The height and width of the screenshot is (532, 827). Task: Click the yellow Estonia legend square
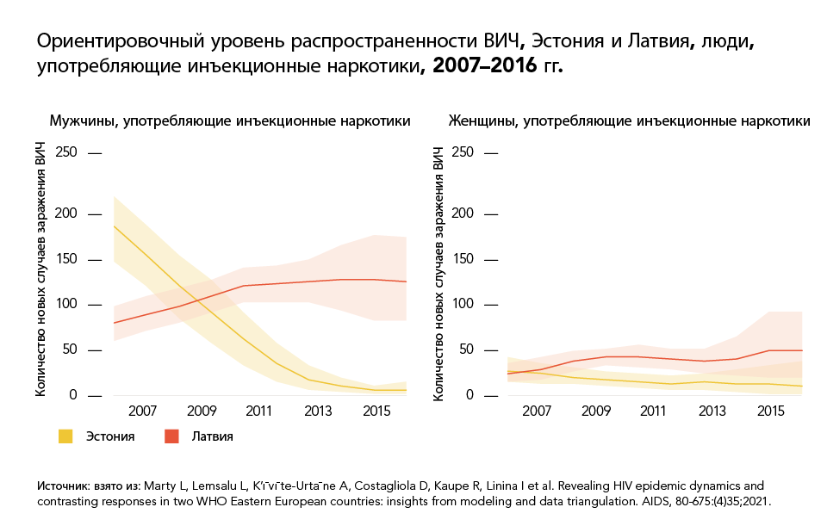[x=65, y=436]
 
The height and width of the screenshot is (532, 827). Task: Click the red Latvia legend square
[x=171, y=436]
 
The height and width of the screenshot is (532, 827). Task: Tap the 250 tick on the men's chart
[x=67, y=152]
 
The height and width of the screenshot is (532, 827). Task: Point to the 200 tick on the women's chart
[x=463, y=213]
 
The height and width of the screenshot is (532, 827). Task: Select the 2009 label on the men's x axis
[x=202, y=411]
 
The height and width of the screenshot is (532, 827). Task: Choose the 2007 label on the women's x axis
[x=538, y=411]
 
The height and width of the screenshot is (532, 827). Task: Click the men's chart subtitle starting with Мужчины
[x=229, y=121]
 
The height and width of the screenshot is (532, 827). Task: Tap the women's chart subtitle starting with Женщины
[x=629, y=121]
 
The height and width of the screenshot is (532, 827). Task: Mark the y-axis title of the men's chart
[x=40, y=273]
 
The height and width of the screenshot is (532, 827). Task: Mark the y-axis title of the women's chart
[x=439, y=273]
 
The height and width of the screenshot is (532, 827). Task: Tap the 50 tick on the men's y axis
[x=71, y=350]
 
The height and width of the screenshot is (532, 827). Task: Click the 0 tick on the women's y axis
[x=470, y=396]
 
